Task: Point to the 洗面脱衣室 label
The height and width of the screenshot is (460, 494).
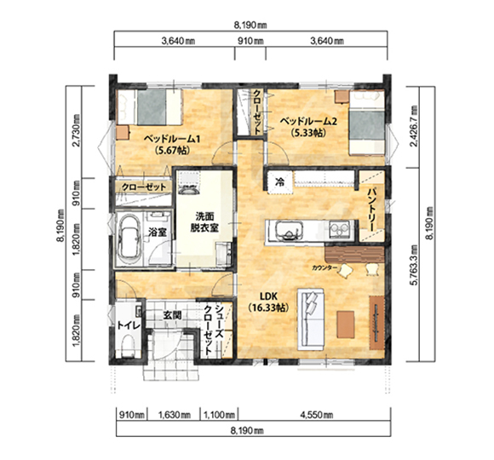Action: [x=204, y=221]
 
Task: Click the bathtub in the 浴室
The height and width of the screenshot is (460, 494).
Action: [x=129, y=237]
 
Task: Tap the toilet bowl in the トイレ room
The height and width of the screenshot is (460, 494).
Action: [x=128, y=344]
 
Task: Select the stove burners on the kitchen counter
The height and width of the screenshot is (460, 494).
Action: [x=339, y=229]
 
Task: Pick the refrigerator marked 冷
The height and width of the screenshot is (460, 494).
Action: [x=279, y=181]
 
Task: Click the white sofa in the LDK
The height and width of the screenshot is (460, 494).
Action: [x=311, y=319]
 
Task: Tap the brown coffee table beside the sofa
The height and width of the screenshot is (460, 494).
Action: [x=346, y=325]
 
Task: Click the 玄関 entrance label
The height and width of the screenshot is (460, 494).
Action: [x=172, y=314]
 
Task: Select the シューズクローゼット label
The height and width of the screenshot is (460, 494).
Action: [x=214, y=331]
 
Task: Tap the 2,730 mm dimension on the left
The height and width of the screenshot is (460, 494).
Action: [x=76, y=132]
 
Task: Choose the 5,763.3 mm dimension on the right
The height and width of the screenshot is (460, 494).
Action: [x=413, y=265]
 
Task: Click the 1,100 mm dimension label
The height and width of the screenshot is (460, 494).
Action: [x=219, y=415]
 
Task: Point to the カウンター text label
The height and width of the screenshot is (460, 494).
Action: [x=325, y=268]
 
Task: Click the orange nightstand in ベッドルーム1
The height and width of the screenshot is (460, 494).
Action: [x=123, y=132]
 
